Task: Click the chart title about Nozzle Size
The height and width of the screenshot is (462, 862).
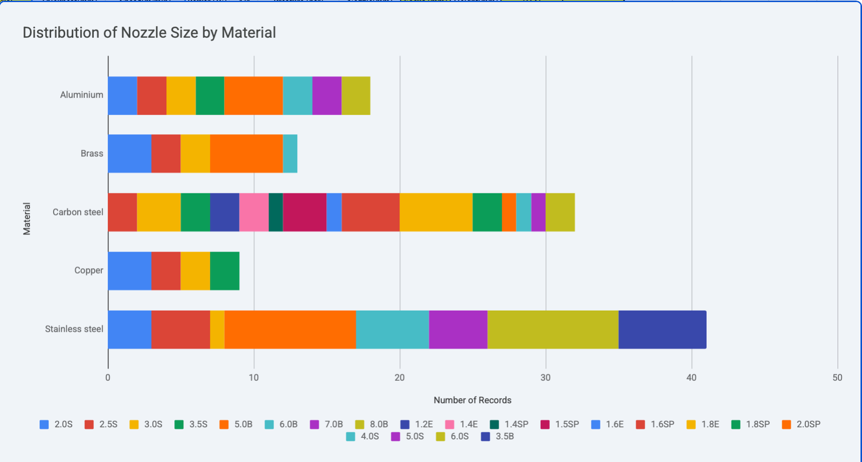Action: (149, 33)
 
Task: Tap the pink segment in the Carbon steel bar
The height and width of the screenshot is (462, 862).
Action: (254, 212)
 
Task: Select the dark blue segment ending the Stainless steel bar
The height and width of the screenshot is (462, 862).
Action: (662, 330)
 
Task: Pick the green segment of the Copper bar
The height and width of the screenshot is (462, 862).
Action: (225, 271)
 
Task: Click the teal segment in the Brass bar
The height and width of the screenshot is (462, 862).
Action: (290, 154)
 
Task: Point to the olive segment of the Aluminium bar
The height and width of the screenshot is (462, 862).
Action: (356, 96)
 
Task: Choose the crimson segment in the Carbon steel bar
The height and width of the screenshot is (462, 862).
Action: (304, 212)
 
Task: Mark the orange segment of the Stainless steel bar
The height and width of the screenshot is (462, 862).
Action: (290, 330)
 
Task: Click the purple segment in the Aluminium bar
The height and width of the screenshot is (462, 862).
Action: (326, 96)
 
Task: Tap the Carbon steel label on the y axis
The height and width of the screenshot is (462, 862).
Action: (78, 212)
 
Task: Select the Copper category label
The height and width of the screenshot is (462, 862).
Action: (88, 270)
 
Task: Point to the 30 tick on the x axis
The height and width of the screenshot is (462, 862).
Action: (545, 377)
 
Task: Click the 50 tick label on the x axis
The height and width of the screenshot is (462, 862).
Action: (837, 377)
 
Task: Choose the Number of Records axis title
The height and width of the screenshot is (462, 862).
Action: (472, 400)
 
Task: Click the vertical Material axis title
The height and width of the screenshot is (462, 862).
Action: (27, 219)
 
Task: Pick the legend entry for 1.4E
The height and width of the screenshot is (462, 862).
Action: (462, 424)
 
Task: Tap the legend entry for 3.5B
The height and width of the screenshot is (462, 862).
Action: (498, 437)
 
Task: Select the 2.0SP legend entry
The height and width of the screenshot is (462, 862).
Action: (802, 424)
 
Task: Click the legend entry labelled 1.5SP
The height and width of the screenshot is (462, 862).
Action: (560, 424)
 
